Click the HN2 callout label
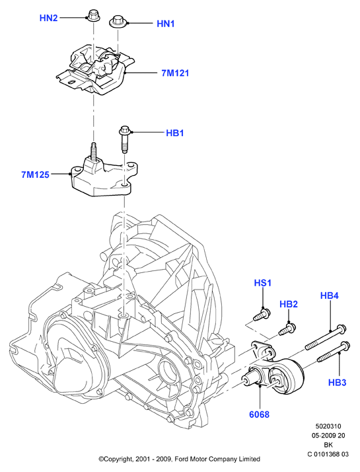click(x=48, y=18)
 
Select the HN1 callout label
click(x=166, y=24)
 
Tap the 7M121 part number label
click(x=175, y=73)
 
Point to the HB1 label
click(x=175, y=133)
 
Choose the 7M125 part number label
click(x=35, y=175)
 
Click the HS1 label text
click(x=263, y=283)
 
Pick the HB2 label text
click(x=289, y=304)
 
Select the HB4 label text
click(x=330, y=295)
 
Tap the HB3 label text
click(x=337, y=383)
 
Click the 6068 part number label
click(x=259, y=414)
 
